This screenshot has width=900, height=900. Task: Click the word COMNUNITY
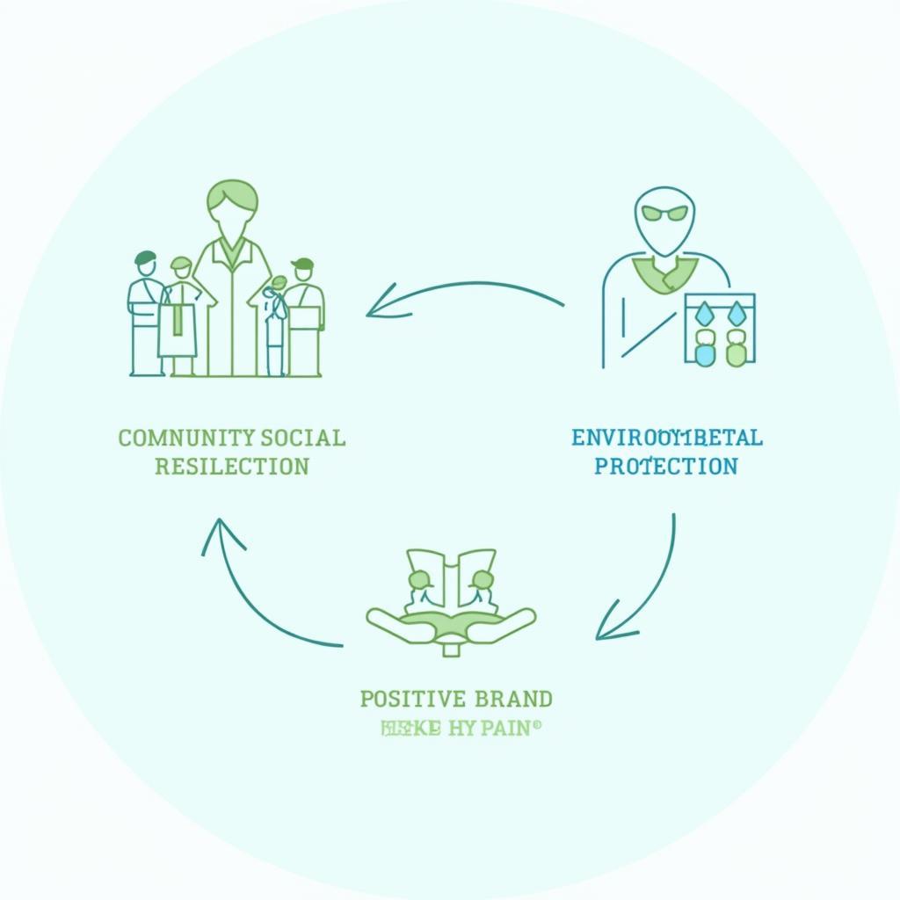(x=186, y=438)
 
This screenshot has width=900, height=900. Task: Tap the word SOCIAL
(x=303, y=438)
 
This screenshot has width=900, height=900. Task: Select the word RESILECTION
(x=232, y=466)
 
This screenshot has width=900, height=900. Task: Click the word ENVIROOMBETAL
(x=666, y=438)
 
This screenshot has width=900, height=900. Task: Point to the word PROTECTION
(x=665, y=466)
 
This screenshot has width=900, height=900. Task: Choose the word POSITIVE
(x=412, y=700)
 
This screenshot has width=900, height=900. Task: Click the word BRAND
(x=513, y=700)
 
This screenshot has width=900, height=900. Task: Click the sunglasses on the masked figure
(x=664, y=213)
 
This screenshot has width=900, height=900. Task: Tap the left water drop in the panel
(x=704, y=312)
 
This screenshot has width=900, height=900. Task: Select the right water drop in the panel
(x=737, y=312)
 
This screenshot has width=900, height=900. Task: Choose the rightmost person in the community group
(x=304, y=316)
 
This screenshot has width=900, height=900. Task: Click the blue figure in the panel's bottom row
(x=705, y=348)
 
